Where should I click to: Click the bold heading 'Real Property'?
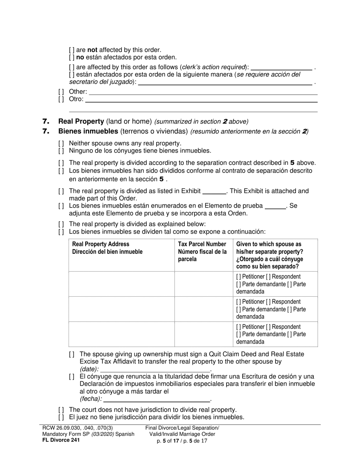[81, 122]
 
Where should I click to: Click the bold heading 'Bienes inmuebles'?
[88, 131]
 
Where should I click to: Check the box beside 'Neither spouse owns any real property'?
[61, 144]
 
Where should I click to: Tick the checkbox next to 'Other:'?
[61, 92]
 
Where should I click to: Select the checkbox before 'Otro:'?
[61, 99]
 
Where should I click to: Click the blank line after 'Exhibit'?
[214, 192]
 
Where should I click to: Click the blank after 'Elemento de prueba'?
[275, 206]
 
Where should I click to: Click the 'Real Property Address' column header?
[100, 244]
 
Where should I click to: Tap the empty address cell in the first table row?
[121, 284]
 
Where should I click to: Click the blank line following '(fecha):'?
[157, 399]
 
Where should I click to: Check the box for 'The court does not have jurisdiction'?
[61, 410]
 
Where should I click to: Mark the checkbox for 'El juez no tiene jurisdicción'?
[61, 418]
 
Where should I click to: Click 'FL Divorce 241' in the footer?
[61, 440]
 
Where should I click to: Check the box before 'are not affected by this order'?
[72, 50]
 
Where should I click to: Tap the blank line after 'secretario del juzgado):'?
[225, 82]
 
